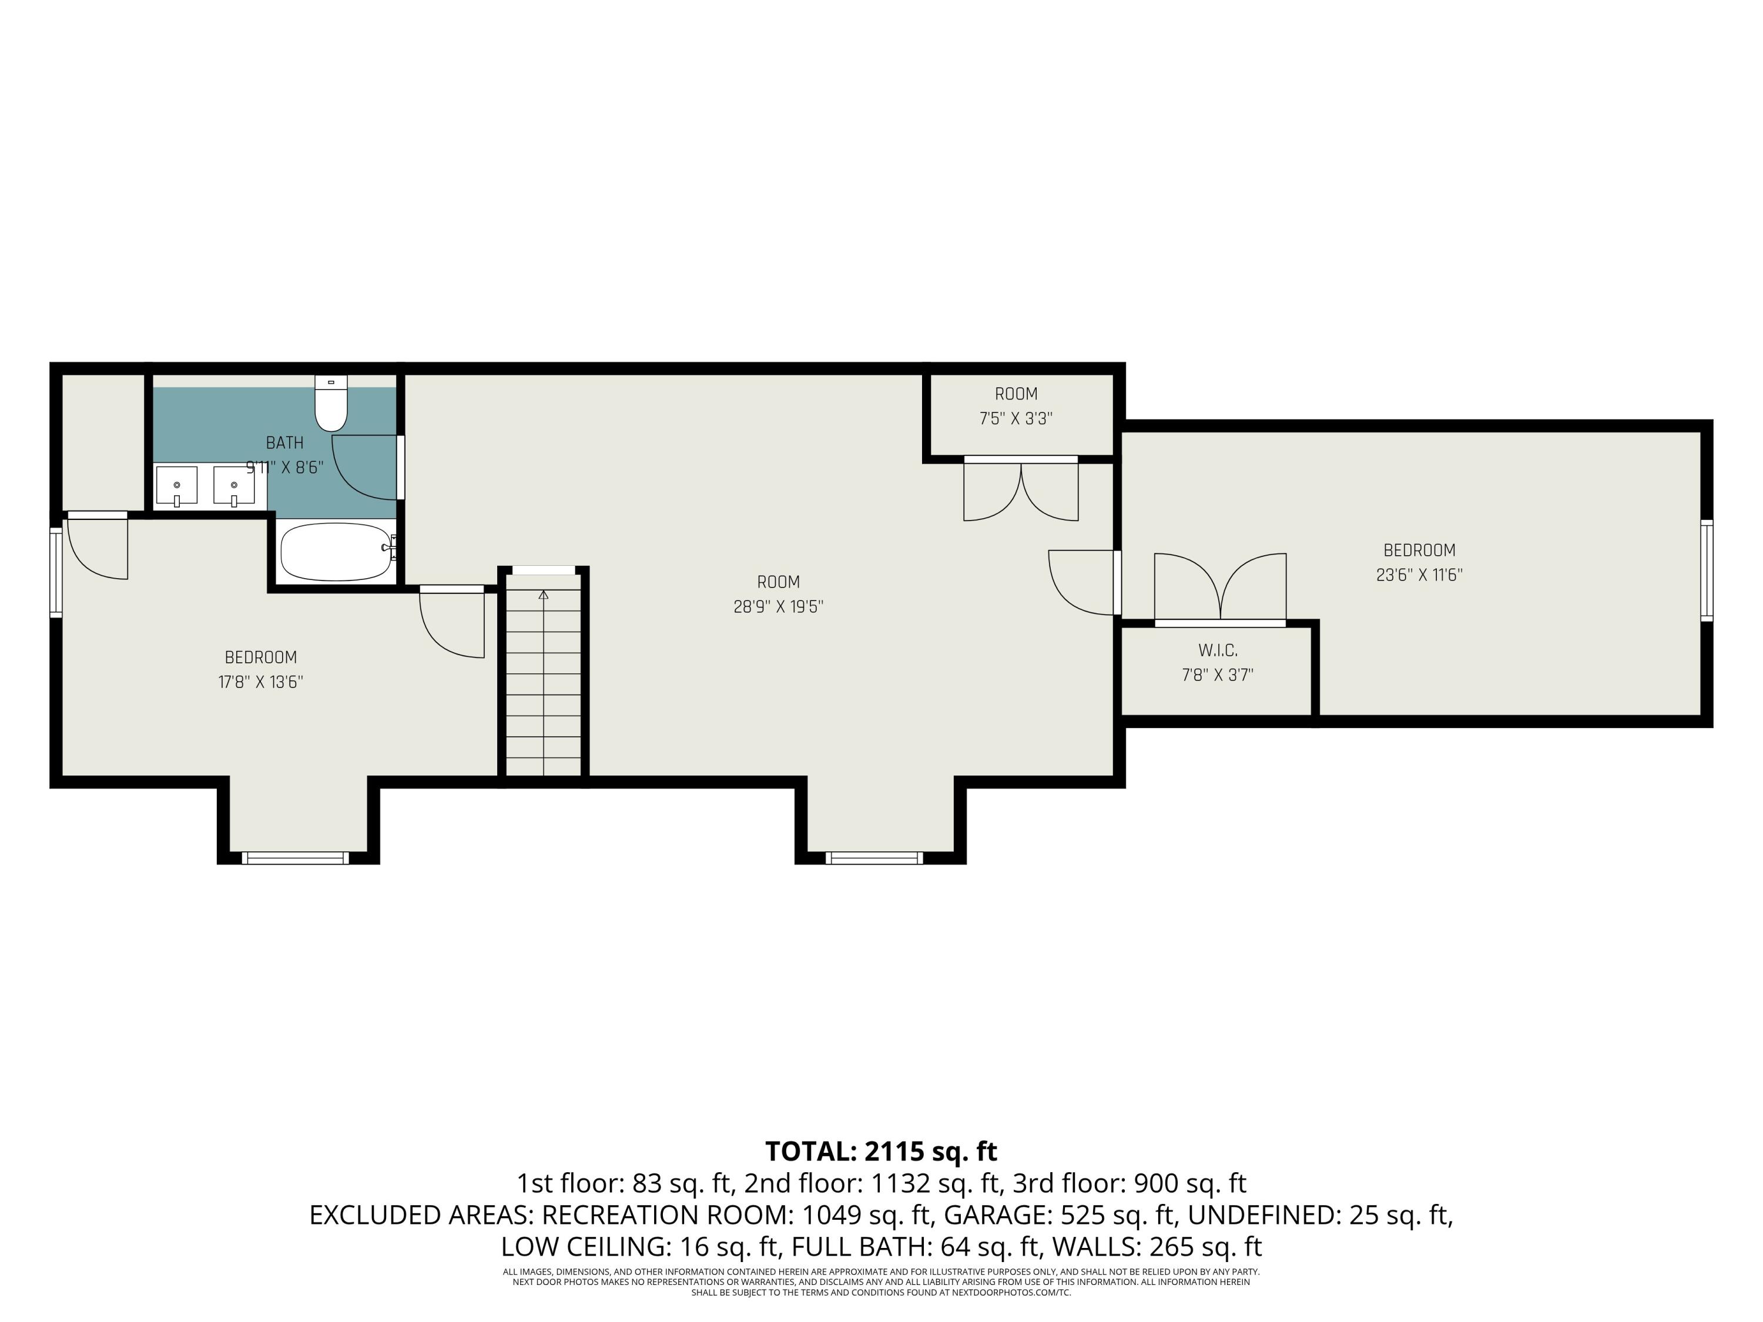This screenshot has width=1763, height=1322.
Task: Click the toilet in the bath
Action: tap(331, 404)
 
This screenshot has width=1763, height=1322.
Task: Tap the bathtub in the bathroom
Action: tap(336, 552)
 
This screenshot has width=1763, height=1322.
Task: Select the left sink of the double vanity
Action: tap(176, 486)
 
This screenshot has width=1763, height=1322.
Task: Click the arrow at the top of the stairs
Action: tap(544, 595)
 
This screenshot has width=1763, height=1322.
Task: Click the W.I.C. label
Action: tap(1217, 650)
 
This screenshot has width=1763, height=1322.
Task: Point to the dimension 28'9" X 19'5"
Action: tap(778, 606)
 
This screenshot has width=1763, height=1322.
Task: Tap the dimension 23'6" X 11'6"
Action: tap(1419, 575)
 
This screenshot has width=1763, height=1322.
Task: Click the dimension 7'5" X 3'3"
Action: tap(1015, 418)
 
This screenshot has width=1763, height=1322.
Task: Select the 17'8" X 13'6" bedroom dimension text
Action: tap(260, 682)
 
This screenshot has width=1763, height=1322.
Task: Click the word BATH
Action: tap(284, 442)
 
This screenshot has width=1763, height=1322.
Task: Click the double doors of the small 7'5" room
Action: tap(1021, 490)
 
